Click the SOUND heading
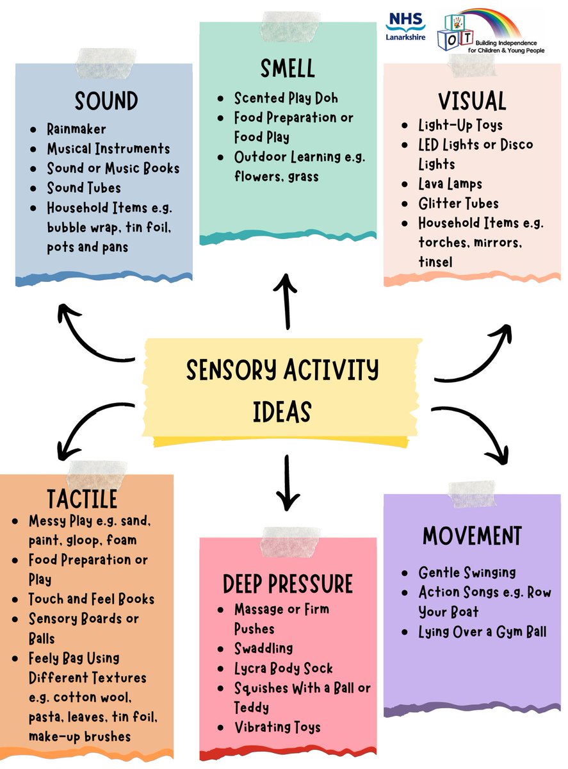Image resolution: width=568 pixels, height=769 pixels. pyautogui.click(x=106, y=101)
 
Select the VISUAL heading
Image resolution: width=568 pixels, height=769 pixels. pyautogui.click(x=472, y=101)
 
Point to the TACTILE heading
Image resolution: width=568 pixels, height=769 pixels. pyautogui.click(x=82, y=499)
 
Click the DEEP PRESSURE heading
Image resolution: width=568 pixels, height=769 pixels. pyautogui.click(x=288, y=584)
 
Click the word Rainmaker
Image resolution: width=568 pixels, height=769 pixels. pyautogui.click(x=76, y=129)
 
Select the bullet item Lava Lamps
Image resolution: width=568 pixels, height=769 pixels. pyautogui.click(x=450, y=184)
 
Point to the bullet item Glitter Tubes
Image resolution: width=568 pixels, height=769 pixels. pyautogui.click(x=458, y=203)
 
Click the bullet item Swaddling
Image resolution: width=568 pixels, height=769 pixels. pyautogui.click(x=263, y=649)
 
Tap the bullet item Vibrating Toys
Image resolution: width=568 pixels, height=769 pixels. pyautogui.click(x=277, y=727)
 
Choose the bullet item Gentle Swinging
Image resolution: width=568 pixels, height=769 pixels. pyautogui.click(x=467, y=572)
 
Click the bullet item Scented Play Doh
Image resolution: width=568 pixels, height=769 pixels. pyautogui.click(x=286, y=98)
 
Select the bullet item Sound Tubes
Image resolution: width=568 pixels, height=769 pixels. pyautogui.click(x=83, y=188)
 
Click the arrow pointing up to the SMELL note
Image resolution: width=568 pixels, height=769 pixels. pyautogui.click(x=286, y=301)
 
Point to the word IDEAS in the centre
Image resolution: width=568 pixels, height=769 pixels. pyautogui.click(x=282, y=411)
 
